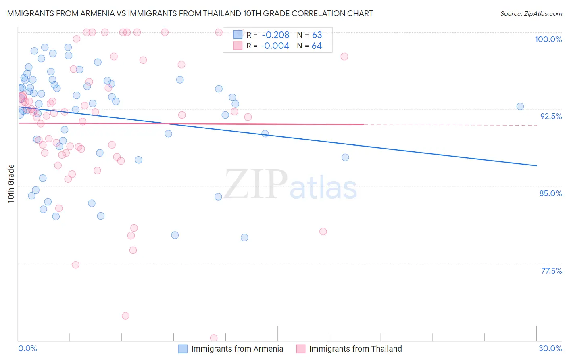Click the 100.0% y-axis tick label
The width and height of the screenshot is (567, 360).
coord(548,39)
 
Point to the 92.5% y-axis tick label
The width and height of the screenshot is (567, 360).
coord(551,116)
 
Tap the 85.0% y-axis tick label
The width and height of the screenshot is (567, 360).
coord(550,193)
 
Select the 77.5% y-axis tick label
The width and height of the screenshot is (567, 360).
coord(551,271)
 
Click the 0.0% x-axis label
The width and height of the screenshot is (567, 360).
coord(27,348)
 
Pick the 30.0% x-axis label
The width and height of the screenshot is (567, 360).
coord(550,348)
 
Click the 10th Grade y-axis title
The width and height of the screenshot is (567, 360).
coord(11,184)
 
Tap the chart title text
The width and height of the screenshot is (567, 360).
coord(189,13)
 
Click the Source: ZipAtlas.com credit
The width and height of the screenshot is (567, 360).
coord(531,13)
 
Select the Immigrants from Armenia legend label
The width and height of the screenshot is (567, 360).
coord(237,349)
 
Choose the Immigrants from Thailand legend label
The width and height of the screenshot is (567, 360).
coord(355,349)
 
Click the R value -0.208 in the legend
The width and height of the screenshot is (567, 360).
coord(275,35)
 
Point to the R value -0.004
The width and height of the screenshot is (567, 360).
coord(274,46)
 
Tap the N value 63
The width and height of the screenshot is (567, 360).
coord(317,35)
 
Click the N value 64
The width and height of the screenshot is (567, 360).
coord(317,46)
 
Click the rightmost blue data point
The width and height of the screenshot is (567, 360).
coord(520,107)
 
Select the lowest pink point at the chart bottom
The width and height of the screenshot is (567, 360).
coord(214,338)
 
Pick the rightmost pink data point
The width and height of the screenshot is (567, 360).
coord(344,57)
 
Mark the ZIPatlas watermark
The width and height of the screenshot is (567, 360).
coord(290,184)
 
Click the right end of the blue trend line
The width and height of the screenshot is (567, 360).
coord(536,166)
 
